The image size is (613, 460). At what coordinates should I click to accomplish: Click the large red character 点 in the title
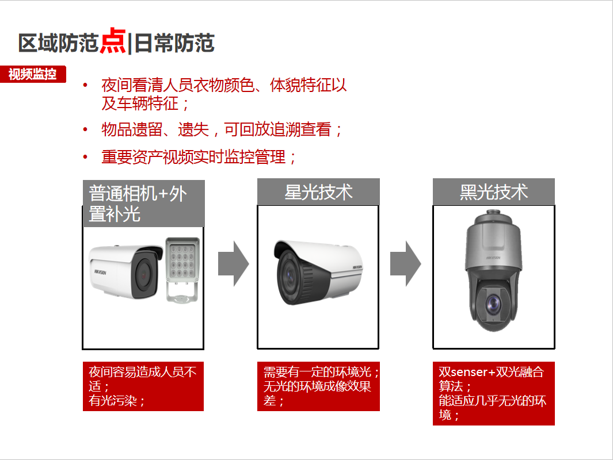(x=113, y=41)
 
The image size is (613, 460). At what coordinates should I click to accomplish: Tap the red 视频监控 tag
(x=33, y=74)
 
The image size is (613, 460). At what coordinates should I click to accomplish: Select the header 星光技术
(x=318, y=191)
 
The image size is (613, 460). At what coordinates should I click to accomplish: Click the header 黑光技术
(x=493, y=191)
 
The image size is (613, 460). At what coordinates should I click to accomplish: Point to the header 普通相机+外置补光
(x=143, y=204)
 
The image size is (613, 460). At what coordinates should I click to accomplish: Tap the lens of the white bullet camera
(x=144, y=274)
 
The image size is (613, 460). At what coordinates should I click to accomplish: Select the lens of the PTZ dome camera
(x=494, y=305)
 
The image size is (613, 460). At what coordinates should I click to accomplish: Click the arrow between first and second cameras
(x=233, y=263)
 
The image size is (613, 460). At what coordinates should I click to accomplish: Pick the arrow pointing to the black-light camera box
(x=405, y=263)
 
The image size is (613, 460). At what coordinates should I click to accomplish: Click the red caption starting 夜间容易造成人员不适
(x=143, y=386)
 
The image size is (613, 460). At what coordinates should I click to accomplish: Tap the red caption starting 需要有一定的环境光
(x=318, y=386)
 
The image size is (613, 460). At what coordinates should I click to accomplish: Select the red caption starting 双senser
(x=493, y=393)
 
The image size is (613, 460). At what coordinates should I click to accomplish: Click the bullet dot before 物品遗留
(x=85, y=129)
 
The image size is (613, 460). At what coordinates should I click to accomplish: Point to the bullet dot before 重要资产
(x=85, y=157)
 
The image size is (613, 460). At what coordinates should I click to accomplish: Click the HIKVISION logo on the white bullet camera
(x=100, y=272)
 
